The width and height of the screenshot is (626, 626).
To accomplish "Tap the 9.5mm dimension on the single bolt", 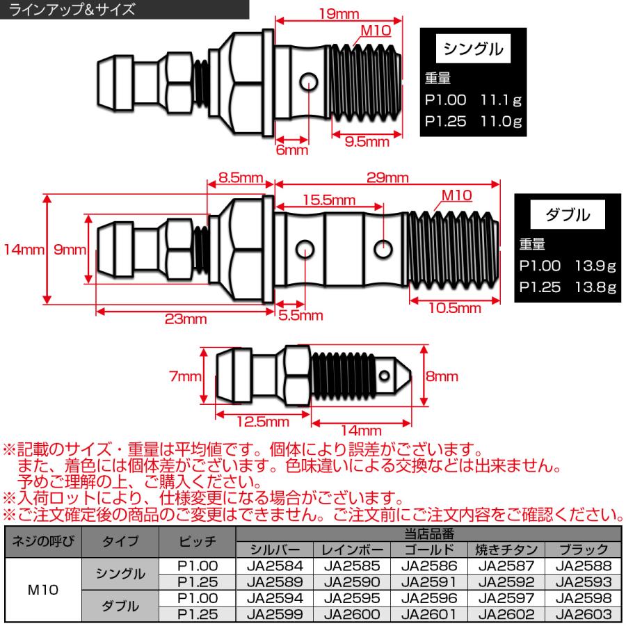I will [x=367, y=142].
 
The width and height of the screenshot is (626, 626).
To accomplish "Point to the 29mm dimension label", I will [x=387, y=178].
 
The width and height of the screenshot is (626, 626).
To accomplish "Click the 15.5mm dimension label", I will [x=330, y=200].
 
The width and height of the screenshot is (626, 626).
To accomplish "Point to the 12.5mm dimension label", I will [x=263, y=422].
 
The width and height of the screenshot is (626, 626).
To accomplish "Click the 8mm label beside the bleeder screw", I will [x=442, y=376].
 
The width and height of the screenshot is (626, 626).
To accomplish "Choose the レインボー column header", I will [x=351, y=549].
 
